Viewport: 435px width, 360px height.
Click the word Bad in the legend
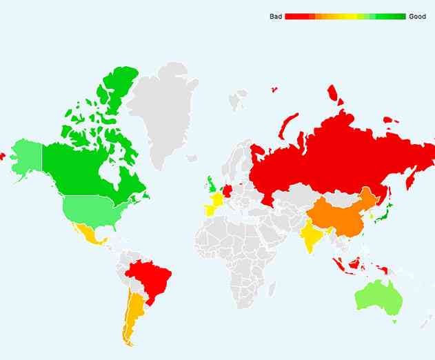pyautogui.click(x=275, y=17)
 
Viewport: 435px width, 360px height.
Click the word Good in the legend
pyautogui.click(x=417, y=17)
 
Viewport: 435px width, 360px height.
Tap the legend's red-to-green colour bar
pyautogui.click(x=345, y=17)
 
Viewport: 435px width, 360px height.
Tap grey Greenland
pyautogui.click(x=165, y=110)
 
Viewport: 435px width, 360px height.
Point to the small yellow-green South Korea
pyautogui.click(x=372, y=216)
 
